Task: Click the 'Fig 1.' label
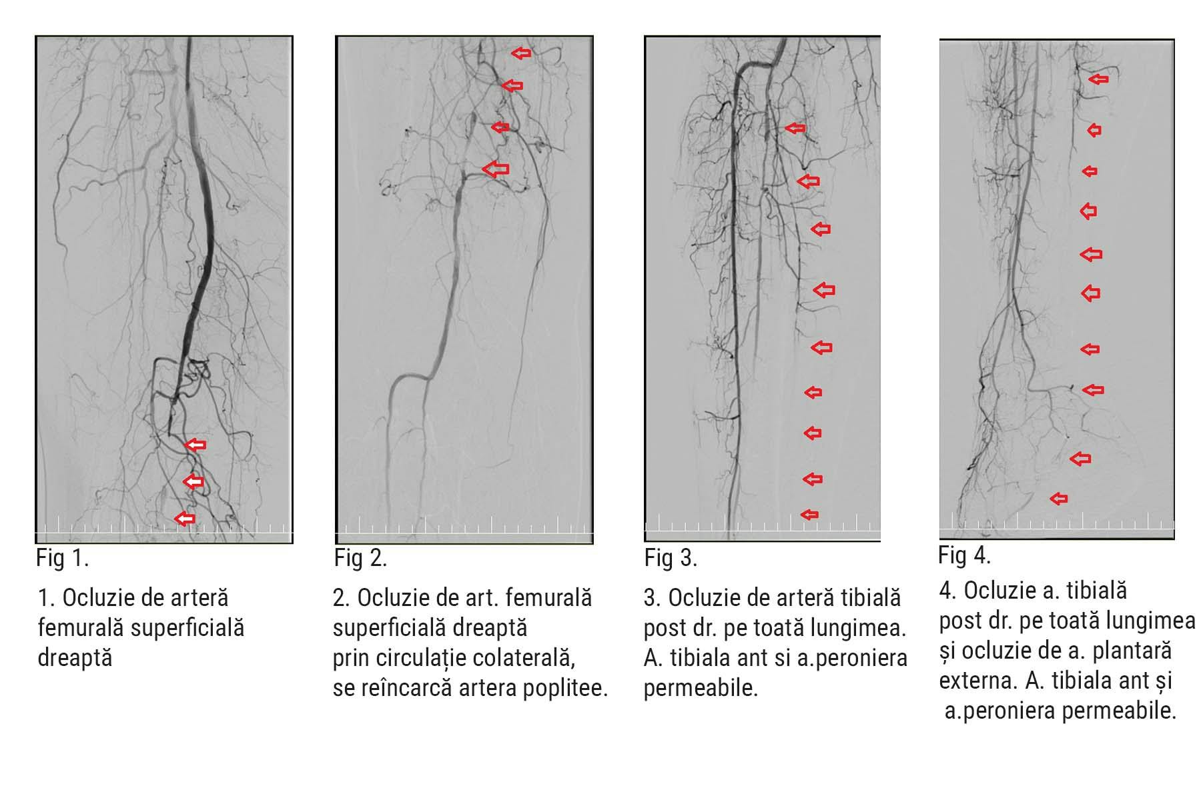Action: pos(63,557)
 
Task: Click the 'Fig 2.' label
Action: pos(360,557)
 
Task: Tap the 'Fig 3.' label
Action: pos(671,557)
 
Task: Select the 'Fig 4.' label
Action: pos(964,555)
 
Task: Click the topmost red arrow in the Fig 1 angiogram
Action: pos(195,445)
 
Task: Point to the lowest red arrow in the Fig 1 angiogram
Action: pos(185,518)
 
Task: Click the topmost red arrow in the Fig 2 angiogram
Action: pos(521,53)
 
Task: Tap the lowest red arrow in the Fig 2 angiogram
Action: pos(495,169)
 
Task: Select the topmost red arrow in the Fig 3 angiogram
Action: pos(795,128)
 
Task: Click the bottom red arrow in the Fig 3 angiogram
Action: pos(809,514)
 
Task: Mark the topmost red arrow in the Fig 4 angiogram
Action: pos(1098,79)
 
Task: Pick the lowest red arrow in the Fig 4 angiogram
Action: pos(1059,498)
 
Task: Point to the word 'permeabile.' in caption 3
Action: pos(701,687)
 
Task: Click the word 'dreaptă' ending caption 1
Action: pos(75,658)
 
